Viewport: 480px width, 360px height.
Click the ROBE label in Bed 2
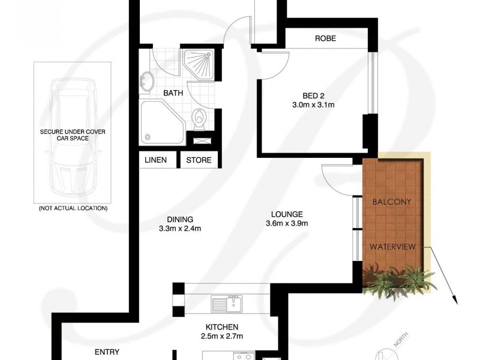tap(325, 39)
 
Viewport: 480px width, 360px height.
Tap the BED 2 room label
tap(312, 95)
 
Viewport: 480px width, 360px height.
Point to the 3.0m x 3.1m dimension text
tap(312, 105)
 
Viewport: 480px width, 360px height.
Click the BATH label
tap(173, 93)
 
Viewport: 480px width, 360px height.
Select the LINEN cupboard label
tap(156, 160)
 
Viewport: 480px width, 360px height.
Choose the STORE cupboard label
tap(199, 160)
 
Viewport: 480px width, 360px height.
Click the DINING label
tap(179, 219)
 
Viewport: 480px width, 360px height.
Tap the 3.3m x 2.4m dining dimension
tap(179, 229)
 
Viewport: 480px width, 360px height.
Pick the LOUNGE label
tap(287, 214)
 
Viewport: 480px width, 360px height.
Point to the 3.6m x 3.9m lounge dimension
tap(287, 224)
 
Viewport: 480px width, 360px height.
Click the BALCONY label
tap(392, 202)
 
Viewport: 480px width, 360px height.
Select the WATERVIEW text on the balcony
tap(393, 247)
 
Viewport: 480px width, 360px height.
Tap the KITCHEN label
tap(223, 327)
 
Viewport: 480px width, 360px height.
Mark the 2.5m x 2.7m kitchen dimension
tap(223, 337)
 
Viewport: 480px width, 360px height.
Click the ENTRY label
tap(107, 352)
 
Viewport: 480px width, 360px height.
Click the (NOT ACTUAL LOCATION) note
tap(73, 208)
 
